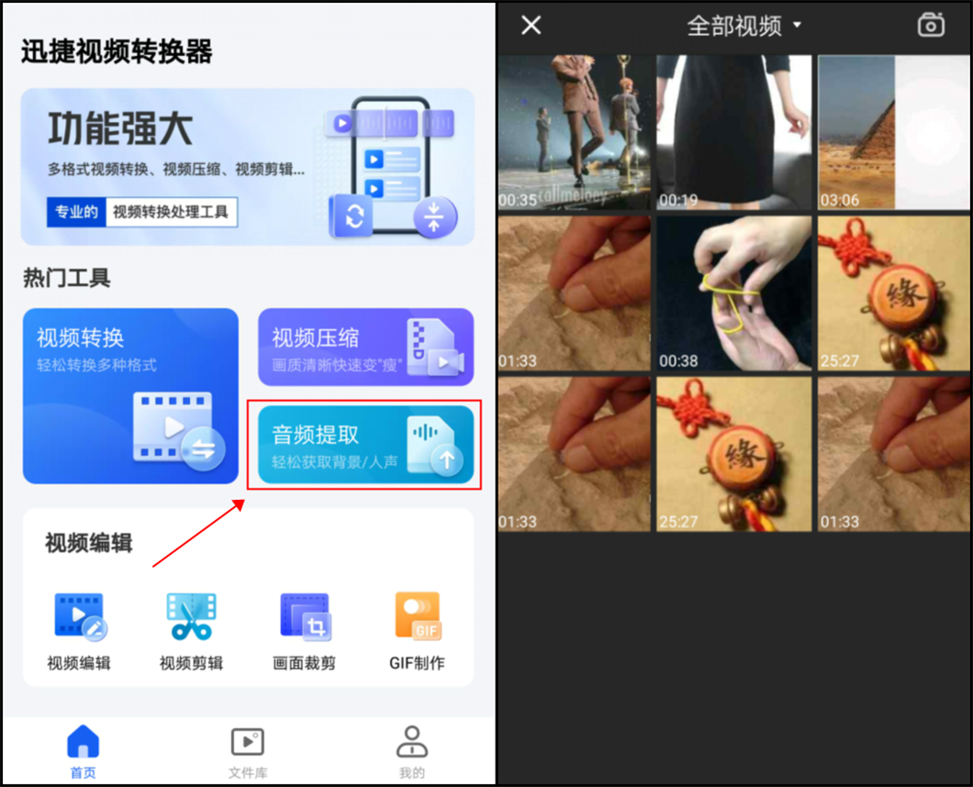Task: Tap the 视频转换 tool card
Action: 130,395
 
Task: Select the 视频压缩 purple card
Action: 366,347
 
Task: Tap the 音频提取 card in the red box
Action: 366,444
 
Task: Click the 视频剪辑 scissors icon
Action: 191,616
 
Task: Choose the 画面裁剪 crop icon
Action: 305,616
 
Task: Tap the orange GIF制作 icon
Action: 418,615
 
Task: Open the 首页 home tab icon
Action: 84,741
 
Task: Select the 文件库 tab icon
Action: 248,742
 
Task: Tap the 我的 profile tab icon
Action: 412,742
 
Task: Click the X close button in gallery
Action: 531,26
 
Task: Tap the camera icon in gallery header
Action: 931,25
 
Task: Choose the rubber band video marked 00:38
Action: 734,293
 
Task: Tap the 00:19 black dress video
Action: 734,132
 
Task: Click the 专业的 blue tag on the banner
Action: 76,212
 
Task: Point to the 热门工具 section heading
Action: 67,278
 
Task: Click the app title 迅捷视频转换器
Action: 117,51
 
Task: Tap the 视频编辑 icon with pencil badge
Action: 80,616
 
